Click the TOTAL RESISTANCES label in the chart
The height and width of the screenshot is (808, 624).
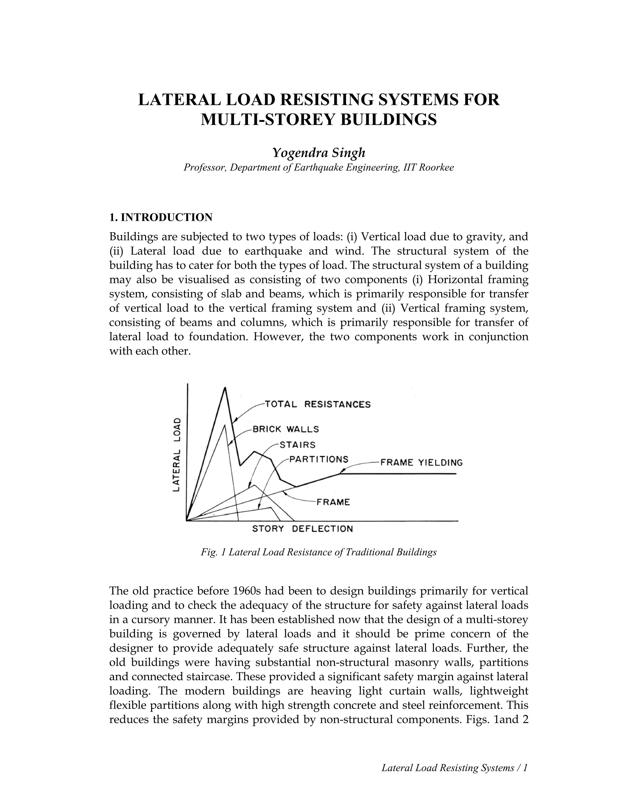pos(318,404)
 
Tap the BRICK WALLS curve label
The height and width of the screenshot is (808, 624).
pos(286,429)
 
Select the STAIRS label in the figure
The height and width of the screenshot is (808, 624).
pos(298,444)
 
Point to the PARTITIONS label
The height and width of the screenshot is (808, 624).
pos(319,459)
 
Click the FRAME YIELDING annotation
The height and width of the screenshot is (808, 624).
pos(421,463)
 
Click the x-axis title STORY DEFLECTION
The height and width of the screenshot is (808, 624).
pos(302,529)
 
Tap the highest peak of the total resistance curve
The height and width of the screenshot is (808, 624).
pos(225,388)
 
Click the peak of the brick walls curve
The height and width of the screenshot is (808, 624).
pos(225,425)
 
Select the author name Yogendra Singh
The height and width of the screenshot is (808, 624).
pos(319,152)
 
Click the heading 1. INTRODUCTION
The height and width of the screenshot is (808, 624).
pos(161,217)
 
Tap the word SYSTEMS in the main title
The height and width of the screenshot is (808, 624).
pos(428,100)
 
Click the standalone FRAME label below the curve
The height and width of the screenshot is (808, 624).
pos(333,502)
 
